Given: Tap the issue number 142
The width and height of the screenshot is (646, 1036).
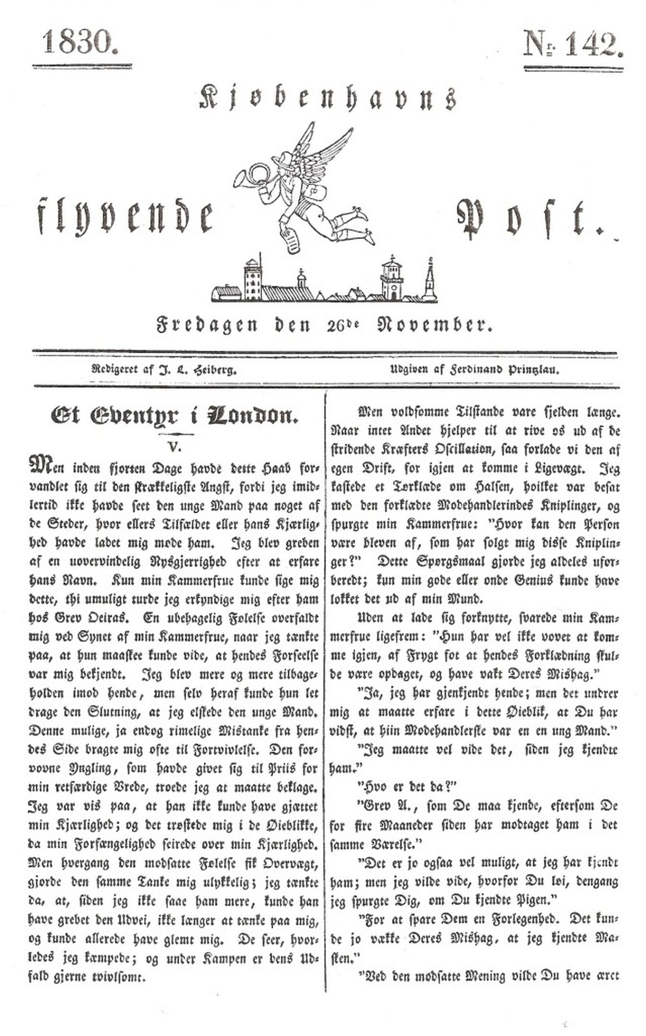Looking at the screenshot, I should [x=591, y=44].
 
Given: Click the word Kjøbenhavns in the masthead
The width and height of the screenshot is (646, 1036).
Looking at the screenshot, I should [x=328, y=98].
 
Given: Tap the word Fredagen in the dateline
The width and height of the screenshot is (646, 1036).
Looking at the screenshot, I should [x=207, y=325].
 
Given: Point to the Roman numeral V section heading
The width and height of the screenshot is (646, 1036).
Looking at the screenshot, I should [x=175, y=447].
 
